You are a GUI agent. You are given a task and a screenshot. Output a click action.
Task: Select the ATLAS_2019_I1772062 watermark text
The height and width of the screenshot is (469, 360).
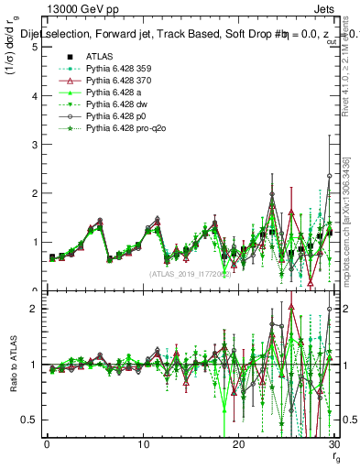click(x=189, y=274)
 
